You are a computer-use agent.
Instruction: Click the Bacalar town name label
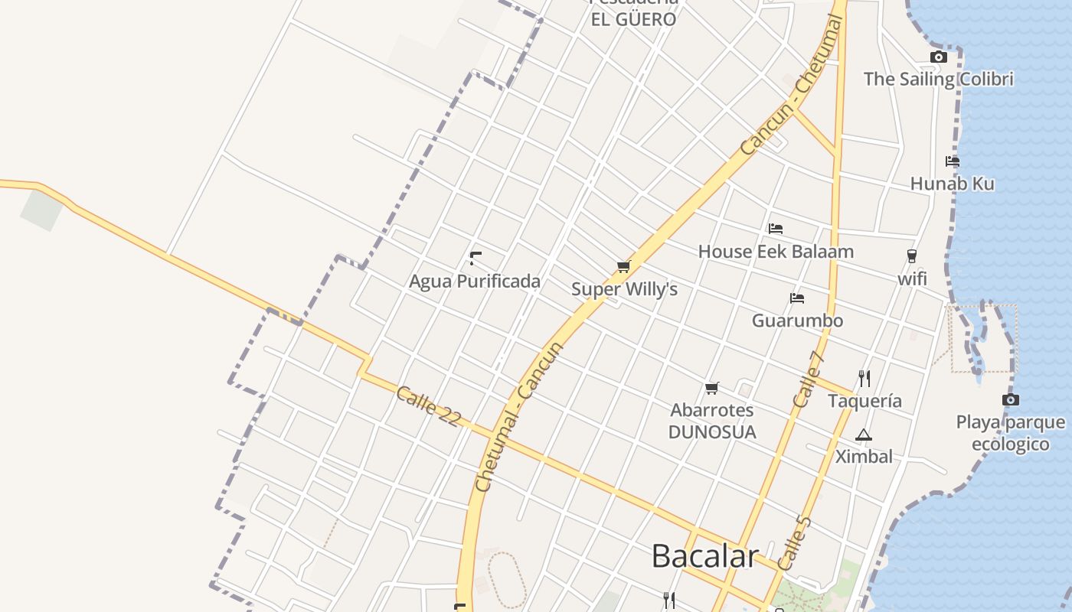[704, 556]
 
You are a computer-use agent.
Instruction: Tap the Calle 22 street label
[429, 405]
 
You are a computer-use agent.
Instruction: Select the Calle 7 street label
[809, 379]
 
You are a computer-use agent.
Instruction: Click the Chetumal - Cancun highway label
[518, 417]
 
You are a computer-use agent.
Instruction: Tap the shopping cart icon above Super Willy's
[623, 267]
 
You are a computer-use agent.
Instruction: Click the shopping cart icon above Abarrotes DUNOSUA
[712, 388]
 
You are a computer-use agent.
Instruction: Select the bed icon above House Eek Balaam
[776, 229]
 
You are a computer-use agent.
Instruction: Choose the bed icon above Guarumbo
[797, 298]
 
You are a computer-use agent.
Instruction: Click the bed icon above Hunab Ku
[953, 161]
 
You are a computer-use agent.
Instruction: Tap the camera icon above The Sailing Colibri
[938, 57]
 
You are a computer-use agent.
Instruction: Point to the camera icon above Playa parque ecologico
[1011, 399]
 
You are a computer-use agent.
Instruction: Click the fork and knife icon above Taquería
[864, 378]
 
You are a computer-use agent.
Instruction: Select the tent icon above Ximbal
[864, 435]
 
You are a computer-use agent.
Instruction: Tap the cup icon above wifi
[911, 256]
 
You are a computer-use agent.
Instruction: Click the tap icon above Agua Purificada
[476, 258]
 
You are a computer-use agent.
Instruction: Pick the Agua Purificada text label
[475, 282]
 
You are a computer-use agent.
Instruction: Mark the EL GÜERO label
[633, 19]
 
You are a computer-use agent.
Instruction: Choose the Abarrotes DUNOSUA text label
[712, 422]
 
